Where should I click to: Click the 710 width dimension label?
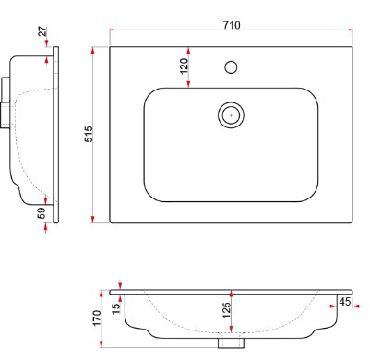pos(232,25)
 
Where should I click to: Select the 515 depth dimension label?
pos(89,134)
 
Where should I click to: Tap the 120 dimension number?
pos(184,66)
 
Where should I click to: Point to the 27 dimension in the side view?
pos(43,31)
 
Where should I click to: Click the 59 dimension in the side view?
pos(42,213)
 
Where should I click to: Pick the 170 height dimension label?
pos(97,318)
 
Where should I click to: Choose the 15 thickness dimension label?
pos(115,308)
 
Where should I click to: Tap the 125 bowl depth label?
pos(226,310)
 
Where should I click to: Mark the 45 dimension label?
pos(344,302)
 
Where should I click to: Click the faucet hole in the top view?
pos(231,67)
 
